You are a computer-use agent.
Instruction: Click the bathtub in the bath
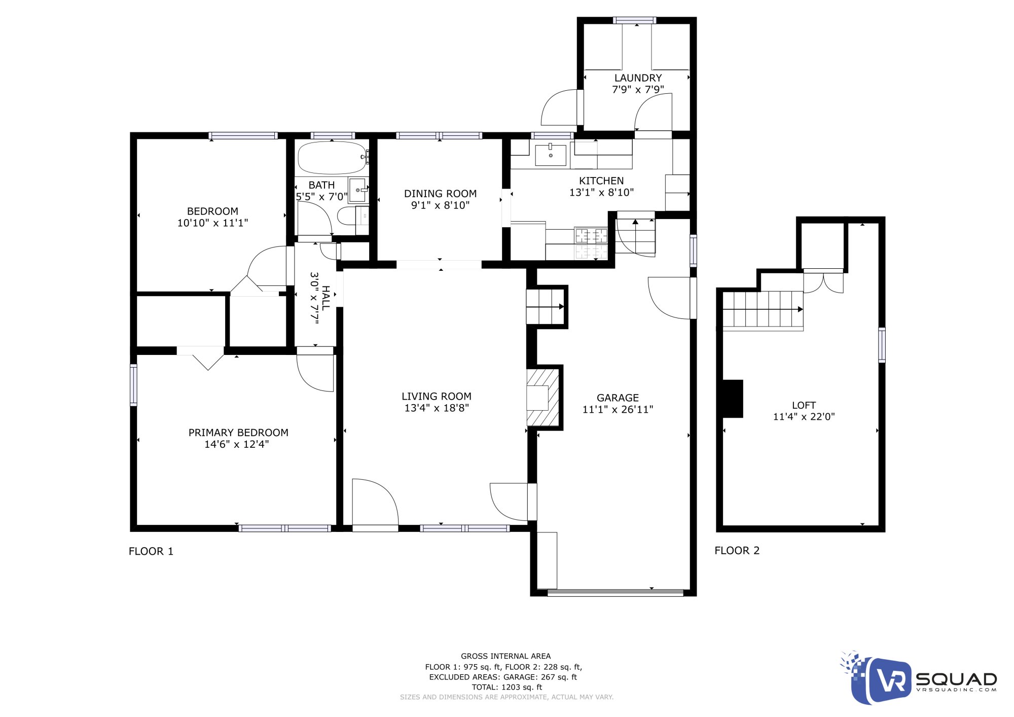(x=332, y=158)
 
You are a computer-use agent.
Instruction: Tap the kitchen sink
(x=551, y=155)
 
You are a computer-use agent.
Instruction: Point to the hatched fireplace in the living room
(x=543, y=398)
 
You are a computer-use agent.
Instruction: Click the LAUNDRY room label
(x=638, y=78)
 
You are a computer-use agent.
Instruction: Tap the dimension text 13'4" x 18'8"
(x=437, y=408)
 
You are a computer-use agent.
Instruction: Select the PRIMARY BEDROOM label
(x=238, y=433)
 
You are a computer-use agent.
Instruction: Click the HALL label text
(x=325, y=298)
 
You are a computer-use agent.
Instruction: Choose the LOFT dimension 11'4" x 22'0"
(x=804, y=417)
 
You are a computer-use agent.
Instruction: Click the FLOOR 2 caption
(x=737, y=551)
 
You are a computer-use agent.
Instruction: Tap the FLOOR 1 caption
(x=151, y=551)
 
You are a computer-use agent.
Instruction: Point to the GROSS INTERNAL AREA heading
(x=505, y=656)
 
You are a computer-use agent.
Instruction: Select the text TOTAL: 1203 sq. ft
(x=506, y=687)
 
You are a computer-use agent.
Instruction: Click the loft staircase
(x=763, y=309)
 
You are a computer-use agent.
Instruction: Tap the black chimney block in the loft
(x=732, y=399)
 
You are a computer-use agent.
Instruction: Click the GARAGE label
(x=618, y=398)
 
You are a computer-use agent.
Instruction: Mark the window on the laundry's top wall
(x=634, y=21)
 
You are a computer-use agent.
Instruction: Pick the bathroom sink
(x=358, y=190)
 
